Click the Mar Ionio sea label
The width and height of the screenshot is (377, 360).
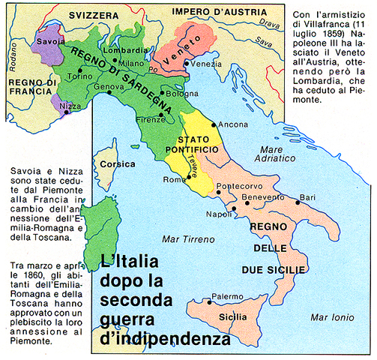[332, 316]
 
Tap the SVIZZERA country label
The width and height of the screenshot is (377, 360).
[82, 14]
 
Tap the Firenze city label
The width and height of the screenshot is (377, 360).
[151, 119]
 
